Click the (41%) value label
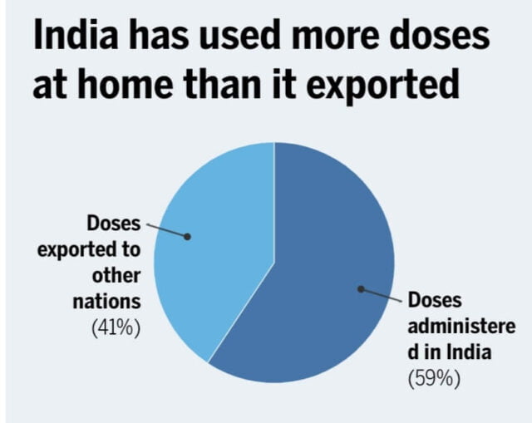[x=116, y=327]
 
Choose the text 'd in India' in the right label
[x=449, y=352]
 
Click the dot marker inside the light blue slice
[x=188, y=236]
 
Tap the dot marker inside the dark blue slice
[x=362, y=289]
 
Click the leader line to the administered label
[x=382, y=295]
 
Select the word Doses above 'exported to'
[x=115, y=224]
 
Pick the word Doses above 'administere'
[x=434, y=300]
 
